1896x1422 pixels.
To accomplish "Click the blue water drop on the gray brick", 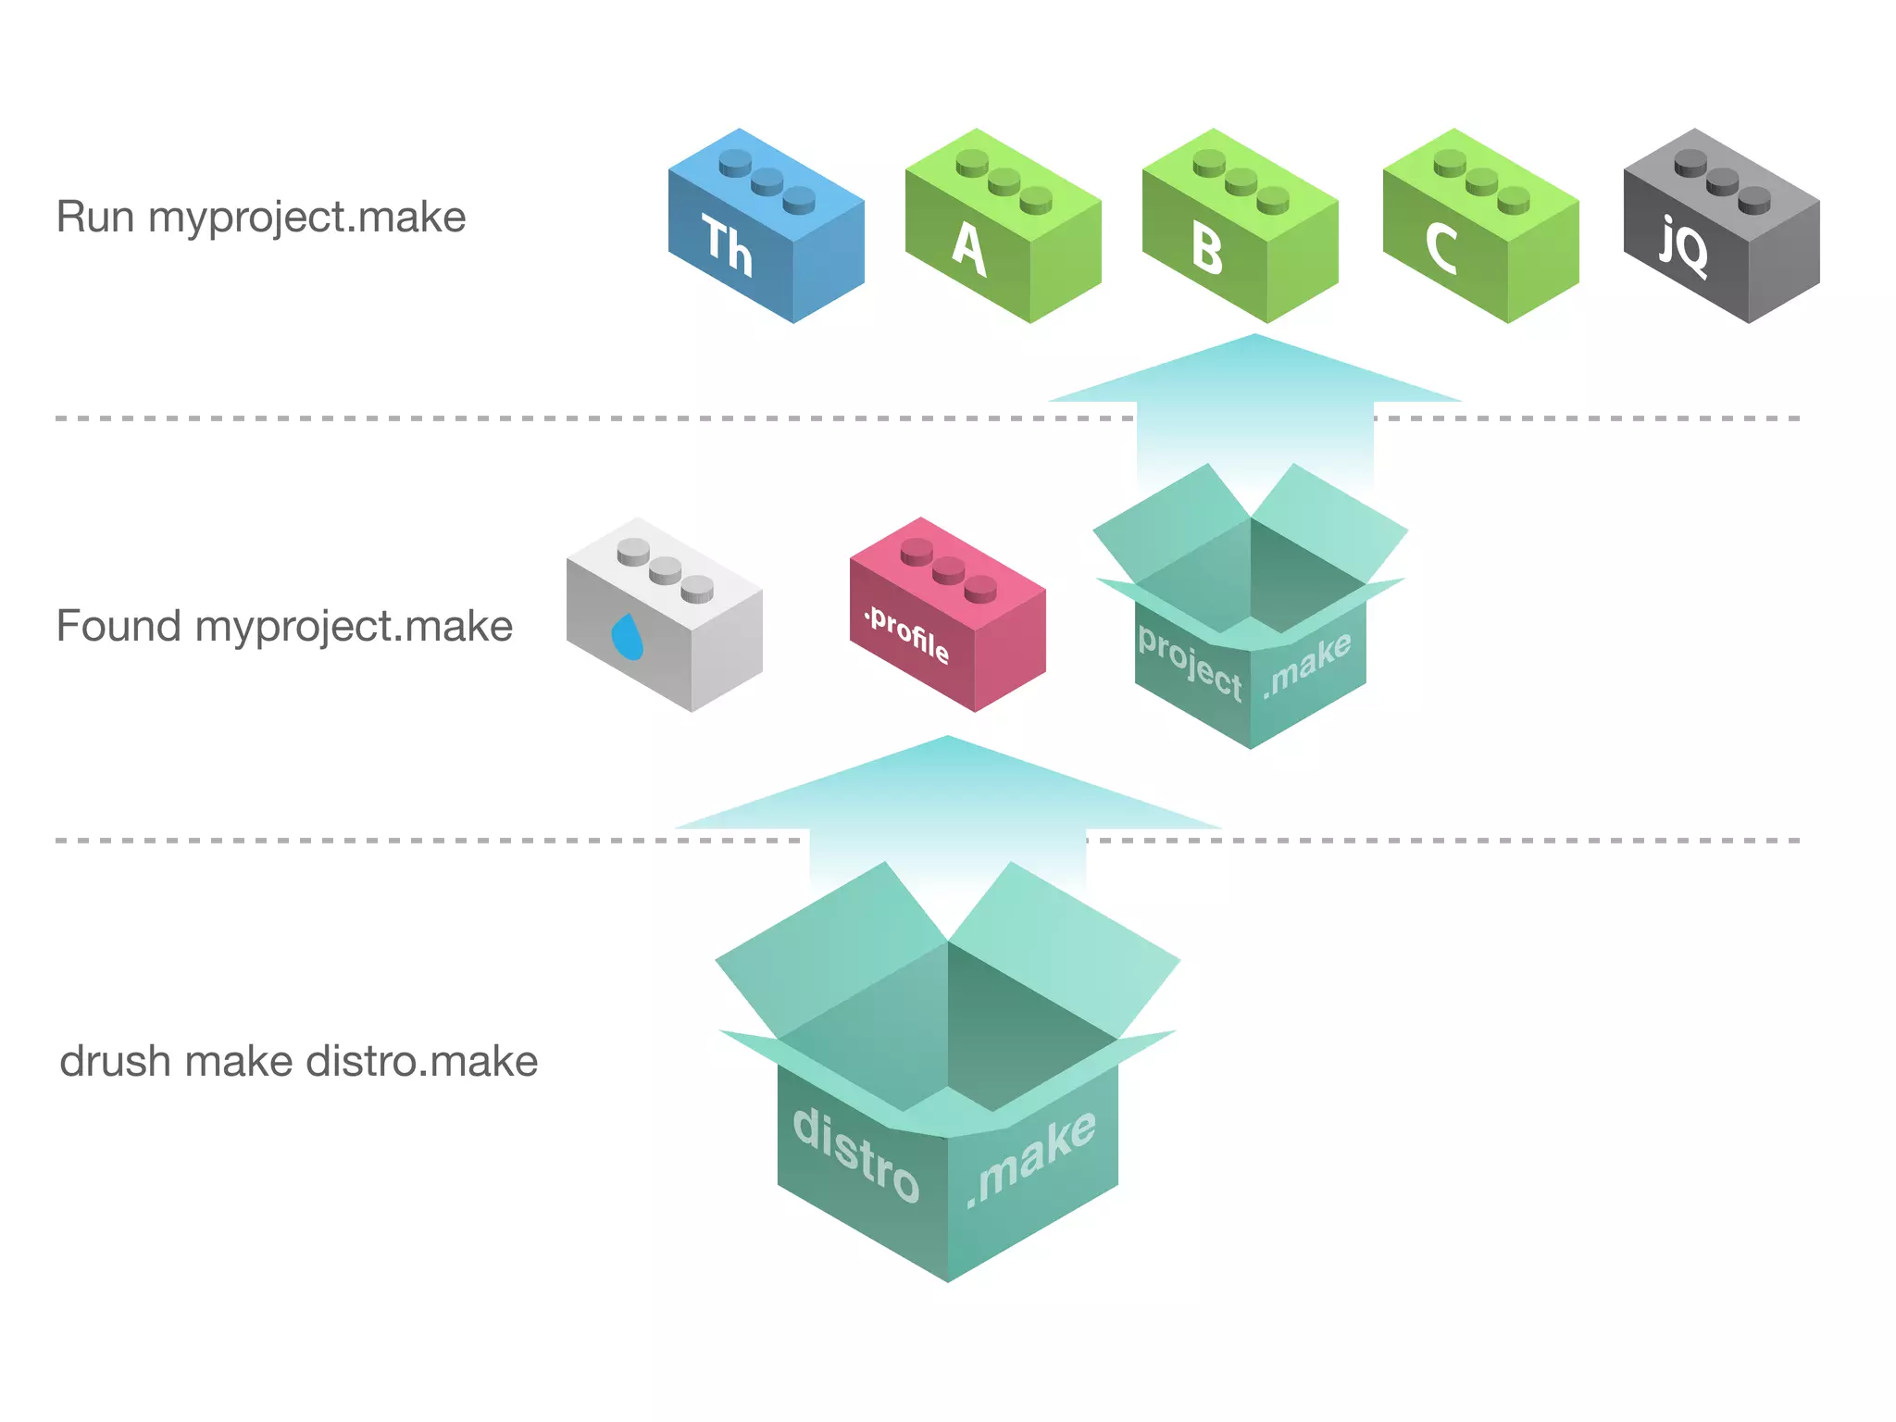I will click(x=628, y=637).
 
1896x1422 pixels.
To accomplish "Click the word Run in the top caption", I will click(x=94, y=218).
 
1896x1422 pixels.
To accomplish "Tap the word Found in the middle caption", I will click(x=118, y=627).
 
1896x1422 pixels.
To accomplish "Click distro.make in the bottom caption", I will click(x=421, y=1062).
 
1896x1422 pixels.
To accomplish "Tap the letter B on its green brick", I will click(x=1207, y=250).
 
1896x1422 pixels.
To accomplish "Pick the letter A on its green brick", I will click(x=969, y=249).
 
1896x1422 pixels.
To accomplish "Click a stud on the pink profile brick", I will click(x=949, y=568).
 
